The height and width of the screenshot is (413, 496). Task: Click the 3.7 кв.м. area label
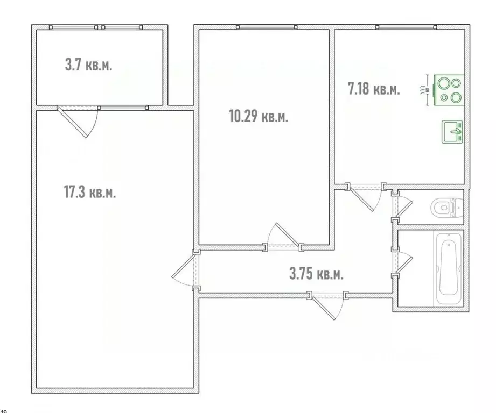pyautogui.click(x=89, y=66)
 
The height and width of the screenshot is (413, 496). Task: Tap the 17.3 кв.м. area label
pyautogui.click(x=89, y=192)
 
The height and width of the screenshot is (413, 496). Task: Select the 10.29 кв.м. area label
pyautogui.click(x=259, y=117)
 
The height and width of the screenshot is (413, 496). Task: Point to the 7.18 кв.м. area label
pyautogui.click(x=374, y=89)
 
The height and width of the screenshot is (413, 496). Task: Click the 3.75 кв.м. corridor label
pyautogui.click(x=316, y=274)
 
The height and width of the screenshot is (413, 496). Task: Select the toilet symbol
pyautogui.click(x=448, y=207)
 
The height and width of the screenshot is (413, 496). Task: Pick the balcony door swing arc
pyautogui.click(x=81, y=121)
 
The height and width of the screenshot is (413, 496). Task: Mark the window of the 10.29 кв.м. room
pyautogui.click(x=267, y=26)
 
